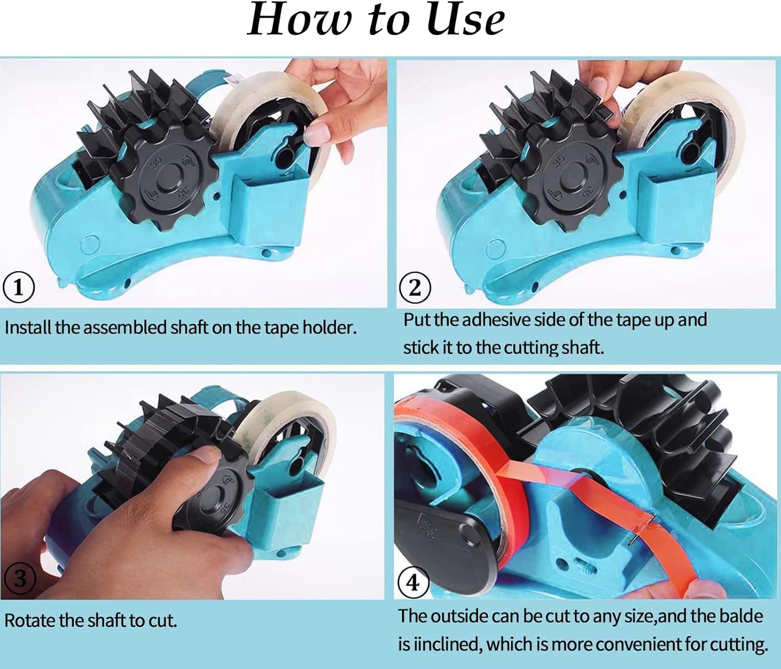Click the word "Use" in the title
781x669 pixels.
[464, 20]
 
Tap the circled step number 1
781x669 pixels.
[19, 287]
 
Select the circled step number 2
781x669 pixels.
[414, 287]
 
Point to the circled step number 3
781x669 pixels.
[20, 578]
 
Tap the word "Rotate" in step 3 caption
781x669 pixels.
[30, 620]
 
